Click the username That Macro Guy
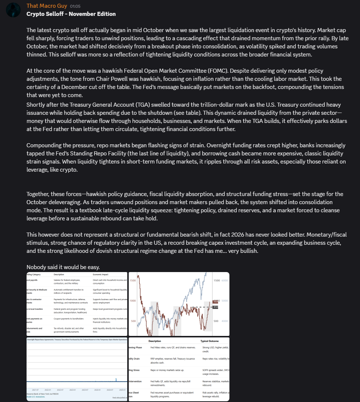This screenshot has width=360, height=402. (46, 6)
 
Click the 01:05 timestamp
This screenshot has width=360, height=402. (75, 6)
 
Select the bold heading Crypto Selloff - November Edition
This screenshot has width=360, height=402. (71, 14)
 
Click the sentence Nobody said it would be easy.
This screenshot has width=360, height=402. (62, 267)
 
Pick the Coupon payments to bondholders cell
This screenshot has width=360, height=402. (69, 319)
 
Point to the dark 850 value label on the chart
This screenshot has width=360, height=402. (216, 307)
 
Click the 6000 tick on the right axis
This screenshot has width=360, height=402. (225, 281)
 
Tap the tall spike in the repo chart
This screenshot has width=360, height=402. (116, 379)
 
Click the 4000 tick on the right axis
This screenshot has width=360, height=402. (225, 321)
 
